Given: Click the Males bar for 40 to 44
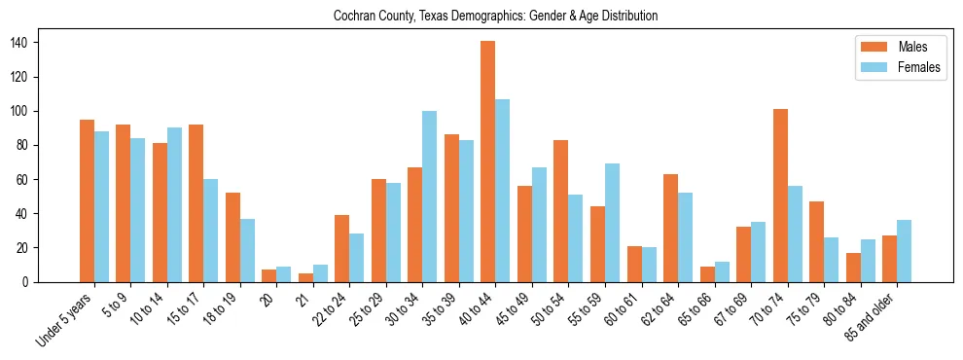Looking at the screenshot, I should [x=488, y=162].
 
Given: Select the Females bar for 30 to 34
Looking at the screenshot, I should [x=430, y=197].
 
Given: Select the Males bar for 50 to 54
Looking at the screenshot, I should [x=561, y=211].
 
